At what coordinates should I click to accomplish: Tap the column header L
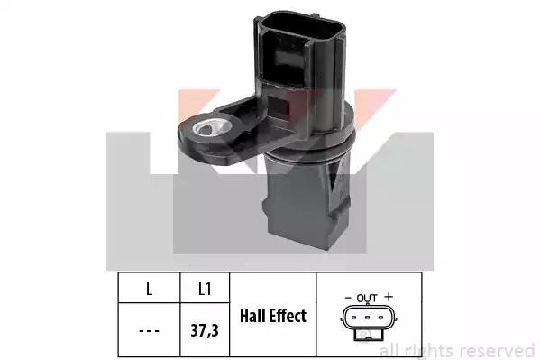pyautogui.click(x=149, y=289)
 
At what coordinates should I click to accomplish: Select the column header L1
pyautogui.click(x=205, y=289)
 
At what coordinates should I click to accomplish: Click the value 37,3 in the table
pyautogui.click(x=205, y=330)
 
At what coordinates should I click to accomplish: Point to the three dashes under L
pyautogui.click(x=149, y=331)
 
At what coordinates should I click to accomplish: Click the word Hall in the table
pyautogui.click(x=252, y=316)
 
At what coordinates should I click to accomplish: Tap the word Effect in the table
pyautogui.click(x=288, y=316)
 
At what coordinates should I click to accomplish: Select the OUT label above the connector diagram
pyautogui.click(x=367, y=298)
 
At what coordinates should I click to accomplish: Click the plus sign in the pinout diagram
pyautogui.click(x=389, y=297)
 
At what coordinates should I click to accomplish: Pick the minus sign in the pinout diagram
pyautogui.click(x=348, y=298)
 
